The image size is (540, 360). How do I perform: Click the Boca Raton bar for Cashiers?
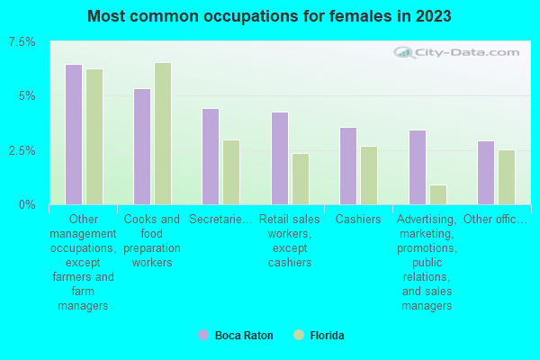348,166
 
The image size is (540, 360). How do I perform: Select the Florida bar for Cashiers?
369,175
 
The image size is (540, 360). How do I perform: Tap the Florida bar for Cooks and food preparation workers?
163,133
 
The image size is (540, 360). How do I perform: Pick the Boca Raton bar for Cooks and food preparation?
142,146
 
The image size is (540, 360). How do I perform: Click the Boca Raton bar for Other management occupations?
74,134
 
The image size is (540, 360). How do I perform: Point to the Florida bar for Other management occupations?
94,137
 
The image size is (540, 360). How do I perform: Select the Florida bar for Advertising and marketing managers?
438,194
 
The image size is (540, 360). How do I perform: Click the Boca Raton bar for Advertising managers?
418,167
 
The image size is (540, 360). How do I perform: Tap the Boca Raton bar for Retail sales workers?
280,158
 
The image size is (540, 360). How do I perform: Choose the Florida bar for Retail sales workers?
301,179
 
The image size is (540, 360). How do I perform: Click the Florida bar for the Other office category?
507,177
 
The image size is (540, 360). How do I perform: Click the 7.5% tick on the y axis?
22,42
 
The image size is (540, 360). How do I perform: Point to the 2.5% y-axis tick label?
22,150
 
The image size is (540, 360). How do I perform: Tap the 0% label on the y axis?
27,205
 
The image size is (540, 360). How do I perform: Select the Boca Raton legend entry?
235,336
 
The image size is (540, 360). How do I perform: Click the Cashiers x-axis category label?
358,219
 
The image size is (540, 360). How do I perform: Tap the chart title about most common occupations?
270,16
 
